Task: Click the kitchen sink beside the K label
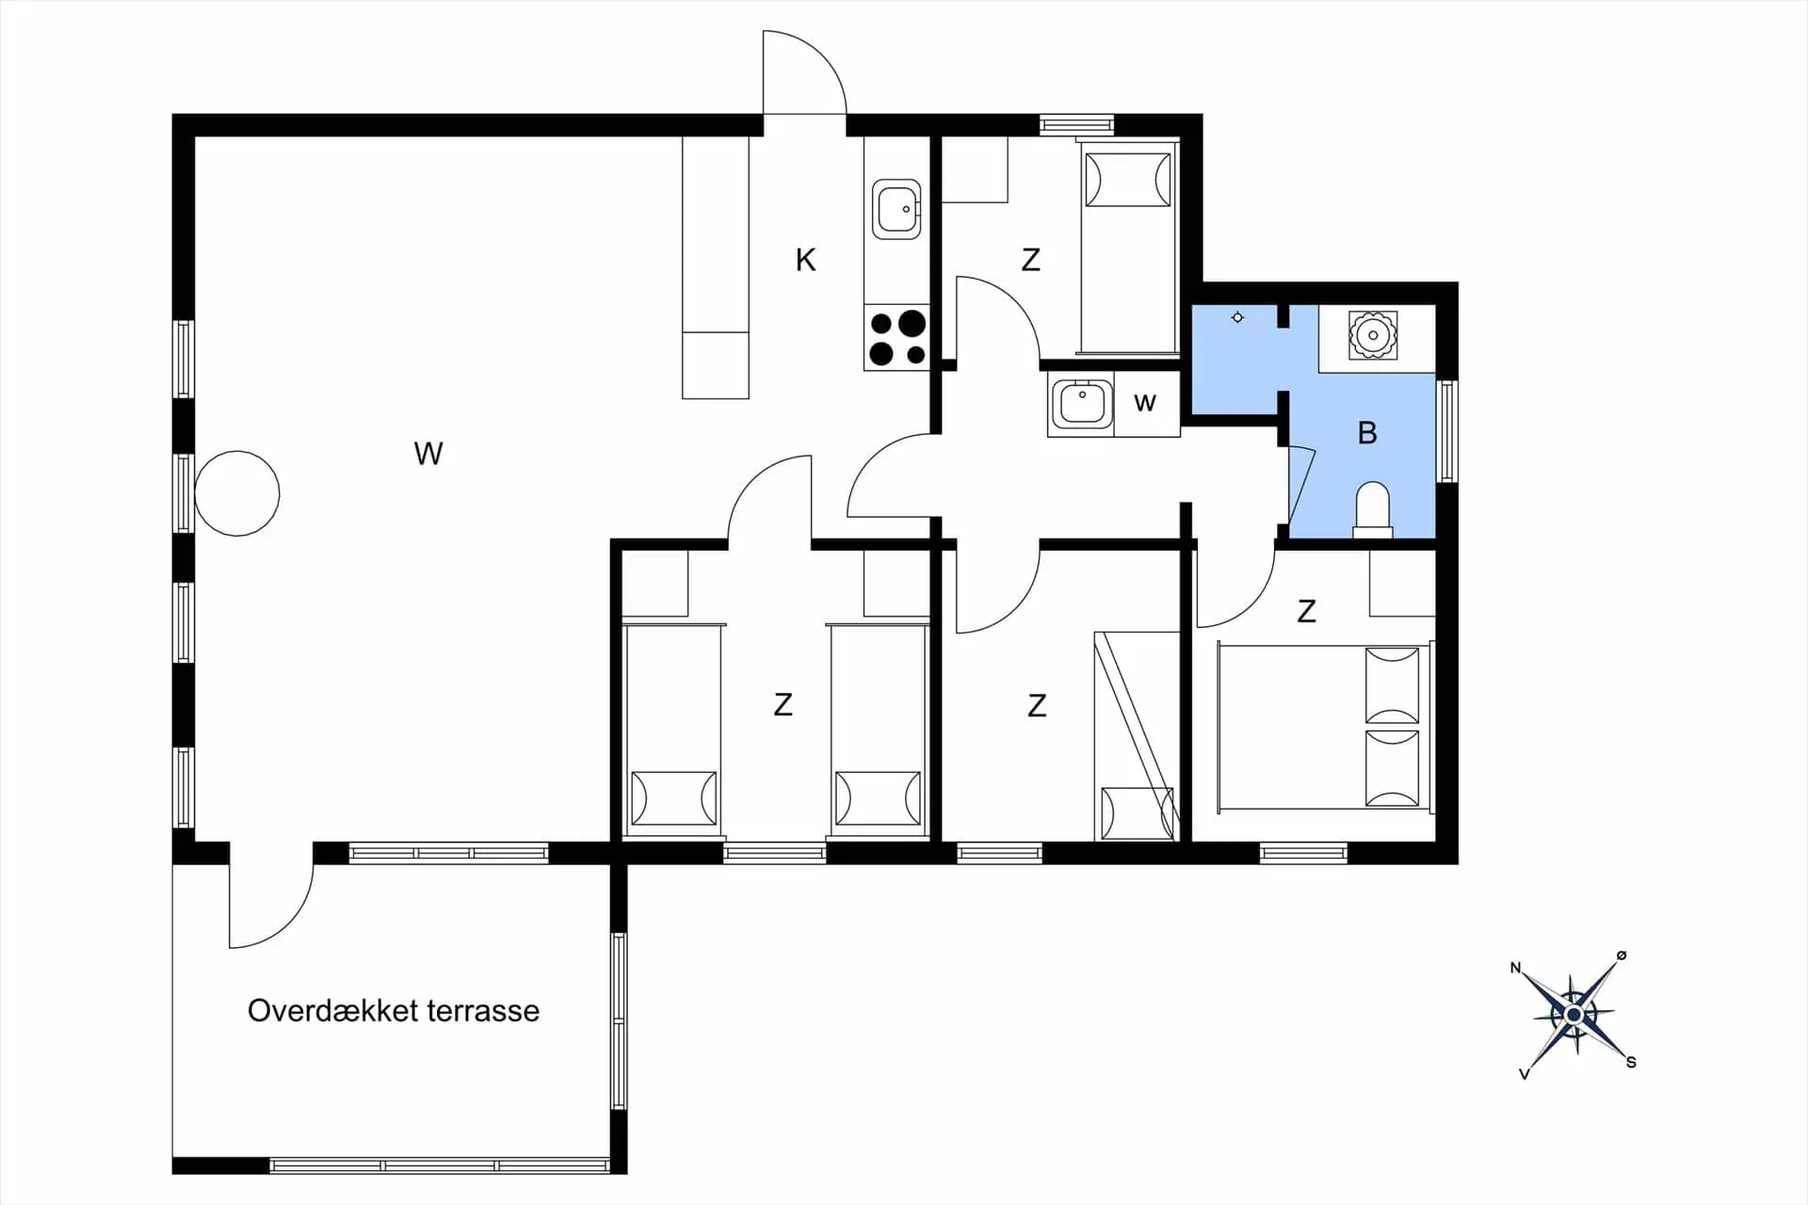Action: coord(896,209)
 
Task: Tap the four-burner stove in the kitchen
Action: coord(896,337)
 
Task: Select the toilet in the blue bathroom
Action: coord(1372,510)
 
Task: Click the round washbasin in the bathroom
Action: coord(1374,335)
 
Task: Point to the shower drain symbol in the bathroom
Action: coord(1237,317)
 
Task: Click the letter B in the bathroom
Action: coord(1367,433)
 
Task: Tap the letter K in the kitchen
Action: coord(805,260)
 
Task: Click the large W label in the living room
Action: coord(428,454)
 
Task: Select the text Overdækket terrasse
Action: coord(394,1010)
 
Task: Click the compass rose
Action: coord(1574,1015)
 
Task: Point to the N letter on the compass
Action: coord(1515,968)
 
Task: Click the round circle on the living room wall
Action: coord(237,493)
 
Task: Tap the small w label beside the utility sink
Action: coord(1145,403)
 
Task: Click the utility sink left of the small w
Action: coord(1081,404)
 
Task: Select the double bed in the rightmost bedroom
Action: coord(1325,726)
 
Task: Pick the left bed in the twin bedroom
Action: coord(673,729)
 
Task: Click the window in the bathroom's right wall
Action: coord(1447,431)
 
